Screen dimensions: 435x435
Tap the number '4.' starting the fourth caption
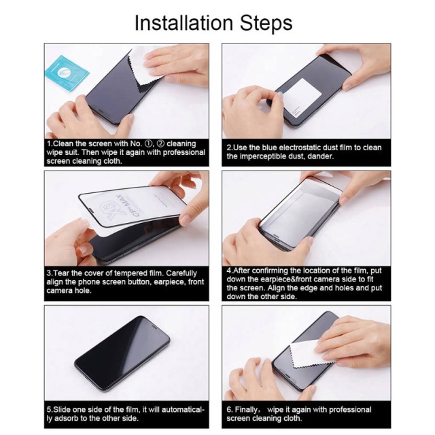[230, 271]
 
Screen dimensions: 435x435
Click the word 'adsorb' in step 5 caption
[69, 419]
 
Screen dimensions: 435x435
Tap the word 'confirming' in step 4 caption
[275, 271]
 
